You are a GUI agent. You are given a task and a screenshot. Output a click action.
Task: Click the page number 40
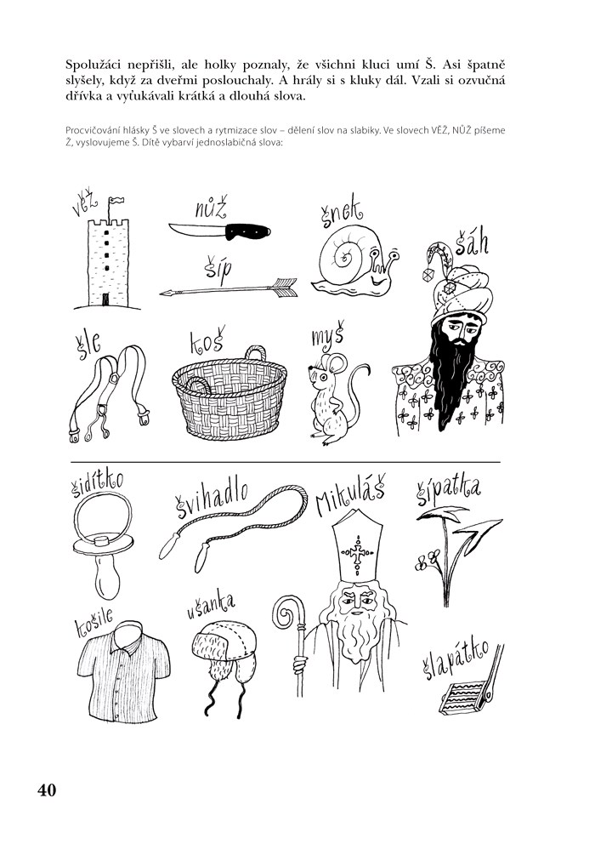47,790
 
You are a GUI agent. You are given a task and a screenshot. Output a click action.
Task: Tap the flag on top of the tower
116,202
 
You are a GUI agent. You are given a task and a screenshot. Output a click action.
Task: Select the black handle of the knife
247,231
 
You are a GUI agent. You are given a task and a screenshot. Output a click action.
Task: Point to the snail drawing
355,261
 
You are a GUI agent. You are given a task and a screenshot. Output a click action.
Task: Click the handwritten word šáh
471,242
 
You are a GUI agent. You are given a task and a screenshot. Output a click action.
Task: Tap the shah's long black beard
453,377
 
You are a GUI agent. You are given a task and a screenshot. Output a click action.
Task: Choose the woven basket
230,393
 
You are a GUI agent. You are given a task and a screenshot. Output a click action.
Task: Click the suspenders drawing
109,393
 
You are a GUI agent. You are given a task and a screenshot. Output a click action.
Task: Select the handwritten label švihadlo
212,499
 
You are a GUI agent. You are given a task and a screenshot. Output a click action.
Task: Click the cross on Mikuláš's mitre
358,553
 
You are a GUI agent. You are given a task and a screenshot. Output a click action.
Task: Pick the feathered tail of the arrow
284,287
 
